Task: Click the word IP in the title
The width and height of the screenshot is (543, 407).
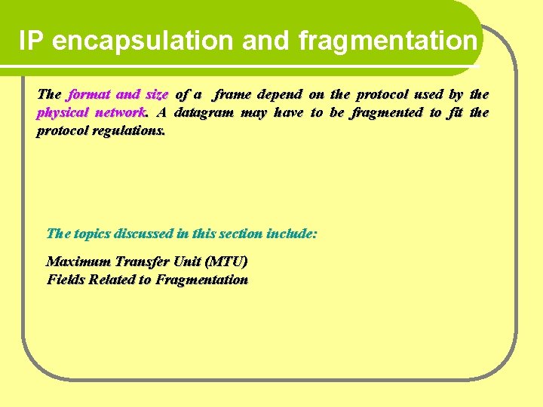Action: coord(32,41)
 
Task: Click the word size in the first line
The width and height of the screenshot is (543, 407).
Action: coord(156,95)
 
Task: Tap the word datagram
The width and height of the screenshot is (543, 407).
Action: coord(206,113)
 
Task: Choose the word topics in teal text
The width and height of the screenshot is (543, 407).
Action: coord(94,234)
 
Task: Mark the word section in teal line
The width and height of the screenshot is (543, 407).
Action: coord(242,234)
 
